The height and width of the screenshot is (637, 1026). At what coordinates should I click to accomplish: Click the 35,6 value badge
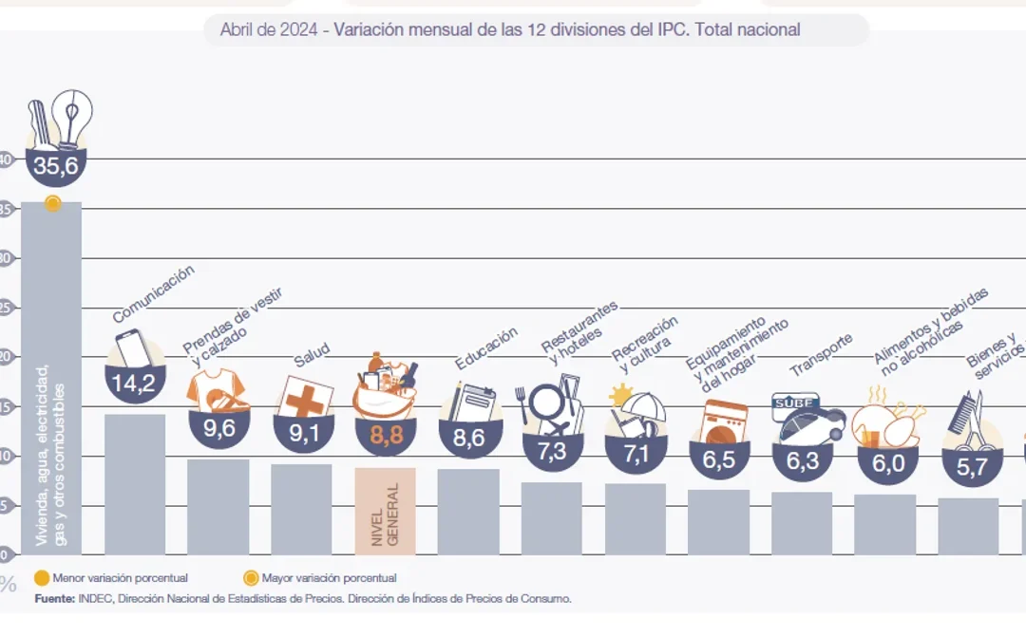(x=55, y=167)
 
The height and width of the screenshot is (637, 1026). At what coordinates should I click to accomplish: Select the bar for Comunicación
(x=135, y=484)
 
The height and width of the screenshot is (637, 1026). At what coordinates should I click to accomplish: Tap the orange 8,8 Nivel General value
(x=385, y=437)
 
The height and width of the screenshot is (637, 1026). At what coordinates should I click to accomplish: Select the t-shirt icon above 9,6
(x=217, y=388)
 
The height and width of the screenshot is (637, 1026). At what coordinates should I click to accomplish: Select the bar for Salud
(x=301, y=509)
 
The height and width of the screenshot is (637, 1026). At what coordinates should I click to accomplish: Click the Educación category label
(x=485, y=348)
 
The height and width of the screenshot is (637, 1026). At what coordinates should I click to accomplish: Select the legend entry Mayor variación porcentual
(x=317, y=577)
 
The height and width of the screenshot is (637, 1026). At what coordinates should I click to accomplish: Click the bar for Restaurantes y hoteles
(x=551, y=518)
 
